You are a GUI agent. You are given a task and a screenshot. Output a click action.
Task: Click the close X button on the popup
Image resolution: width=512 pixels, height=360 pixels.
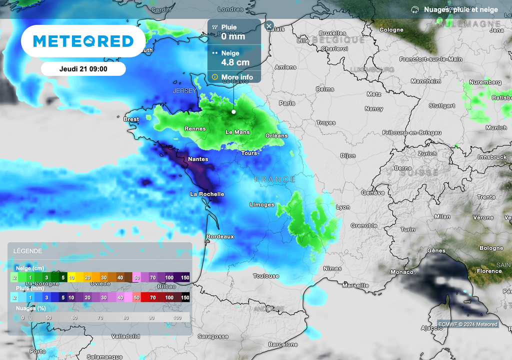click(x=269, y=25)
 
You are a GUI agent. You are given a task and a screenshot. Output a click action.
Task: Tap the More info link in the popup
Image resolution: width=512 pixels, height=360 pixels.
click(x=237, y=77)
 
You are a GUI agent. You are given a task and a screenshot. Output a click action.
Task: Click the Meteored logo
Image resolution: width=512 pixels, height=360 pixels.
click(x=83, y=41)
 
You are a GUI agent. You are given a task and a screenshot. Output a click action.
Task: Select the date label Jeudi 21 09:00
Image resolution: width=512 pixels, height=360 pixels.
click(x=83, y=69)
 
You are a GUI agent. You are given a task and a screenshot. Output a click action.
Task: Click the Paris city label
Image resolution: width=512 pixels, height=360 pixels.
click(x=287, y=103)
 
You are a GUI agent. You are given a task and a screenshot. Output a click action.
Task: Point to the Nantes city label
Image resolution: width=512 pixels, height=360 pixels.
click(x=198, y=159)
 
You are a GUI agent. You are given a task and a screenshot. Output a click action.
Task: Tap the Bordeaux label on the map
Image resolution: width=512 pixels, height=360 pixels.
click(x=220, y=236)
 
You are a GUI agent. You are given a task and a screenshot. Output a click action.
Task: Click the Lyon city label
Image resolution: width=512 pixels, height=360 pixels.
click(x=343, y=207)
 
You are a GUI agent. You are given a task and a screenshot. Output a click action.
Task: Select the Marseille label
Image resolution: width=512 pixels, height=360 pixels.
click(x=355, y=285)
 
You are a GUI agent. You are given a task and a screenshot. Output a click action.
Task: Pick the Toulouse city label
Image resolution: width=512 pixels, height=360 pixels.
click(x=266, y=276)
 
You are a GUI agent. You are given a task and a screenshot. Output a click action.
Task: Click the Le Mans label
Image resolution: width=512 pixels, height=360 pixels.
click(x=238, y=132)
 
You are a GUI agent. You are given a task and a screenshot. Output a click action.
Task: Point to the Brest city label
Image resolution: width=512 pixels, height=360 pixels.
click(x=131, y=119)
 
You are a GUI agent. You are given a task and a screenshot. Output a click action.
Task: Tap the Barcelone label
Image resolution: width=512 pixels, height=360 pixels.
click(x=283, y=344)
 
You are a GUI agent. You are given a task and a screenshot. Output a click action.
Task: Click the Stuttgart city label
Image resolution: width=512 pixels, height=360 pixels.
click(x=442, y=106)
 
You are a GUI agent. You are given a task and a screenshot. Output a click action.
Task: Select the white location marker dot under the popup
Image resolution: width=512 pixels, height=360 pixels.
click(x=233, y=111)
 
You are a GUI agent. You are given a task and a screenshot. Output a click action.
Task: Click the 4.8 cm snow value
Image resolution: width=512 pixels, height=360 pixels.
click(x=235, y=62)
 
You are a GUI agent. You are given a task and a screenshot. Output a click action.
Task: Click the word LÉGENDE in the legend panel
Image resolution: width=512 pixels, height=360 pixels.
click(x=27, y=251)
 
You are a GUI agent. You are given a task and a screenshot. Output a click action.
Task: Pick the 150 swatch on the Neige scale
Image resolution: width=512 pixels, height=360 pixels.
click(x=184, y=277)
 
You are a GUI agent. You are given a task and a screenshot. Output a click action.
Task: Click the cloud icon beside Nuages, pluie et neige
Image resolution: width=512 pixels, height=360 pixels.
click(x=414, y=9)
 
